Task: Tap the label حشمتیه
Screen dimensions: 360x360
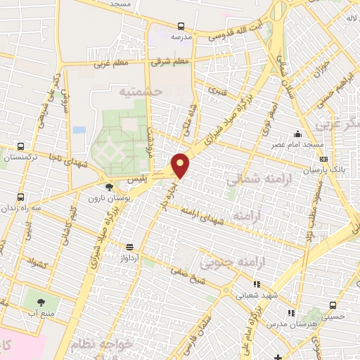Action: click(140, 91)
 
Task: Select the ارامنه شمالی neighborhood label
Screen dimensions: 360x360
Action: click(252, 181)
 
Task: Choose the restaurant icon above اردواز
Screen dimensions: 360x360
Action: click(129, 247)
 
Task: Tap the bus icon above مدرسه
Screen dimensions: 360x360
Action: click(181, 25)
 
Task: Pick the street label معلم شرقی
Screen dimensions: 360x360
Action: click(171, 62)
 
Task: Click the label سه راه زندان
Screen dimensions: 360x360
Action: click(19, 208)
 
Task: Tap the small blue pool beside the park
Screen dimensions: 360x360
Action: click(79, 131)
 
